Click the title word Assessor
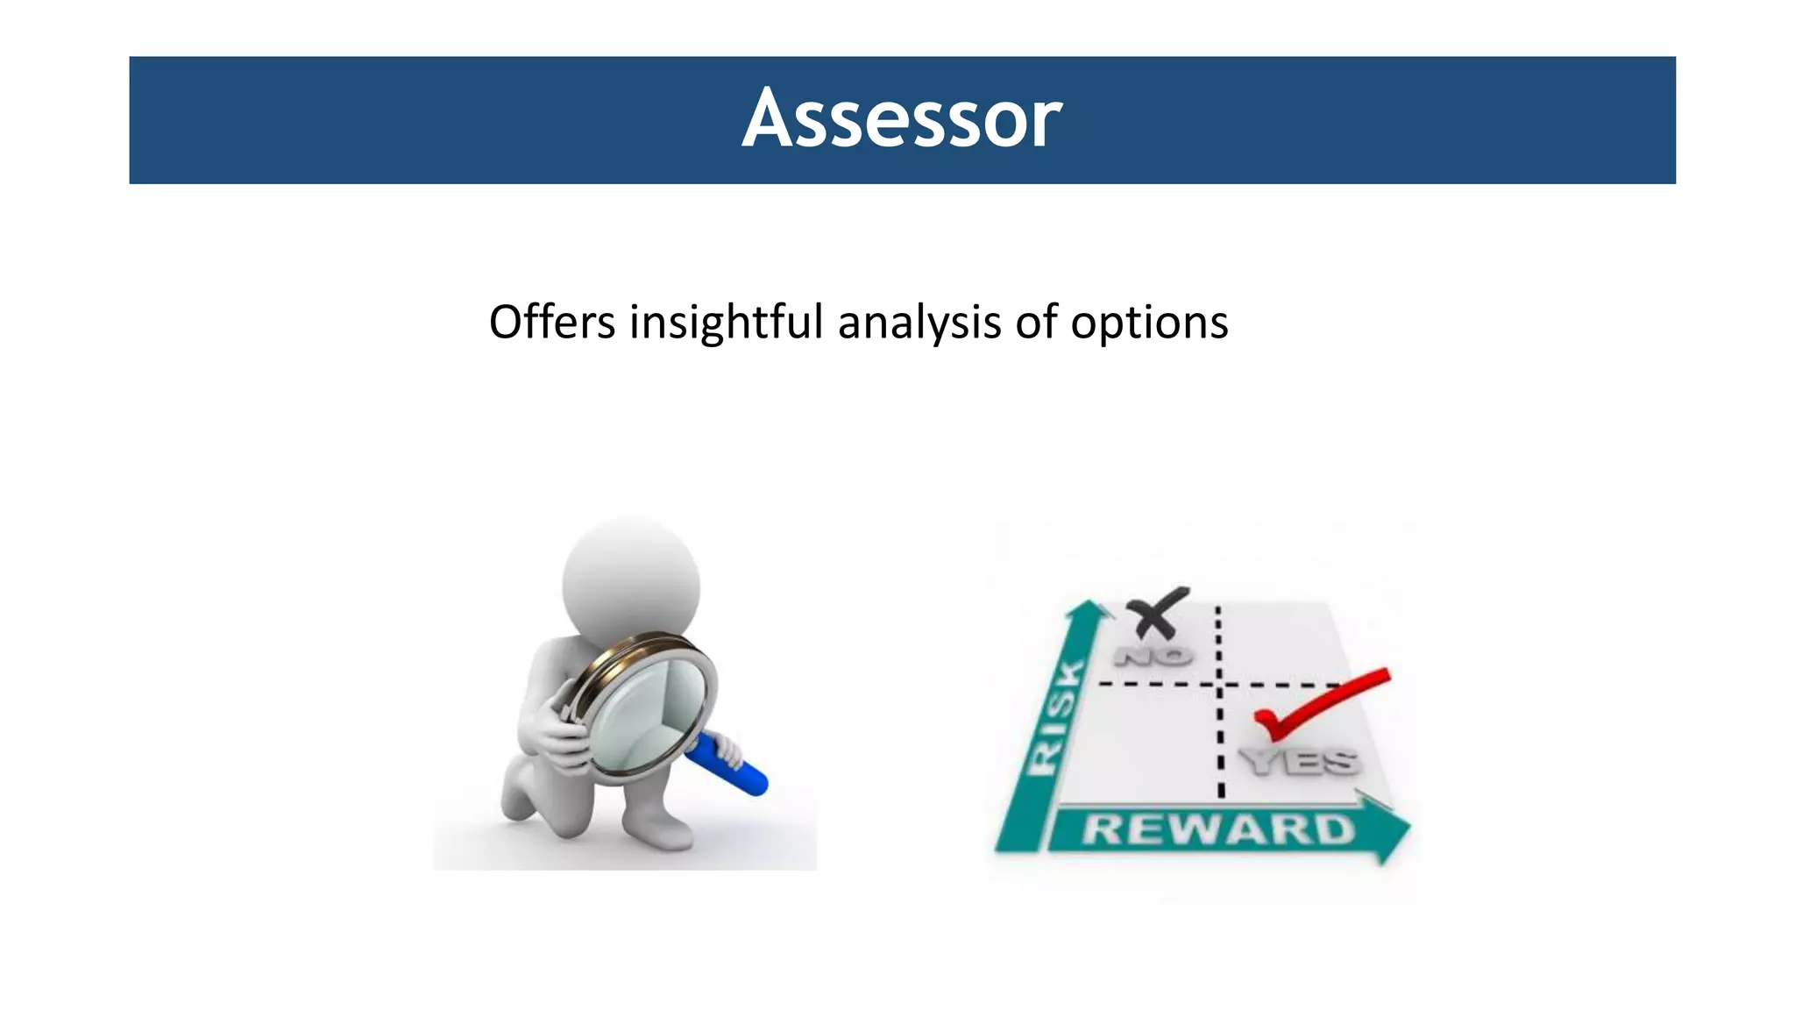pos(902,119)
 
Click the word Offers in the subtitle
pos(551,322)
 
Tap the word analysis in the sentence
pos(919,322)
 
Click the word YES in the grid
pos(1301,761)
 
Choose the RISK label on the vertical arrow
pos(1056,719)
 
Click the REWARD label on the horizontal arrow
pos(1217,829)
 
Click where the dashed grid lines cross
pos(1219,684)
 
